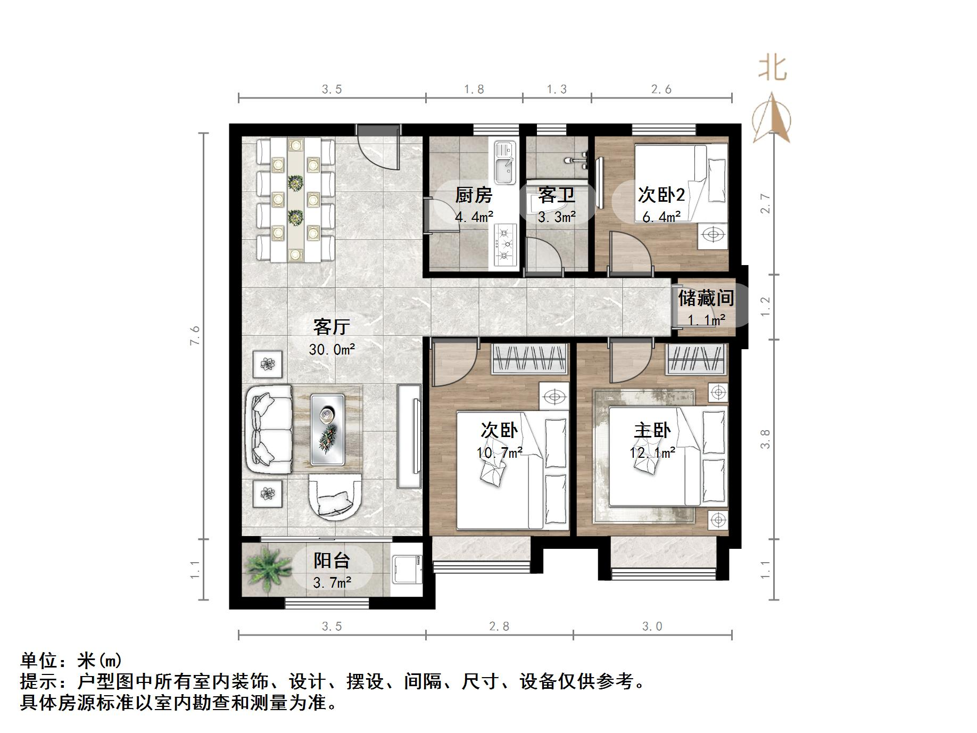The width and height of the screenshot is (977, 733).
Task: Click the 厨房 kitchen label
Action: point(473,195)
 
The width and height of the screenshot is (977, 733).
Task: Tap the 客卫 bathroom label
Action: point(556,195)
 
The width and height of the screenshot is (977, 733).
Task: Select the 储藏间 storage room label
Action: point(706,298)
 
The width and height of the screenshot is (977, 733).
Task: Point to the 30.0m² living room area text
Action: point(332,350)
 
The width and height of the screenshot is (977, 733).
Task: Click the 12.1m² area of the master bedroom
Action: point(652,453)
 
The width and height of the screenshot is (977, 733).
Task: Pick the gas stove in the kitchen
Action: point(504,244)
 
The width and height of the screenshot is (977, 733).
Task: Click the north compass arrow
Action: point(772,120)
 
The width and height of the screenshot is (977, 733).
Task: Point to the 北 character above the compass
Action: point(772,69)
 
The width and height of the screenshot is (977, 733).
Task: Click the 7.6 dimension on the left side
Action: point(196,335)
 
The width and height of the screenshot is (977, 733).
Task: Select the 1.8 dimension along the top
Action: point(474,89)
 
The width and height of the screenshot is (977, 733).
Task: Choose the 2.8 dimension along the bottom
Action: point(499,627)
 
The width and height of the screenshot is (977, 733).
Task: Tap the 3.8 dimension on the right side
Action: point(765,439)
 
